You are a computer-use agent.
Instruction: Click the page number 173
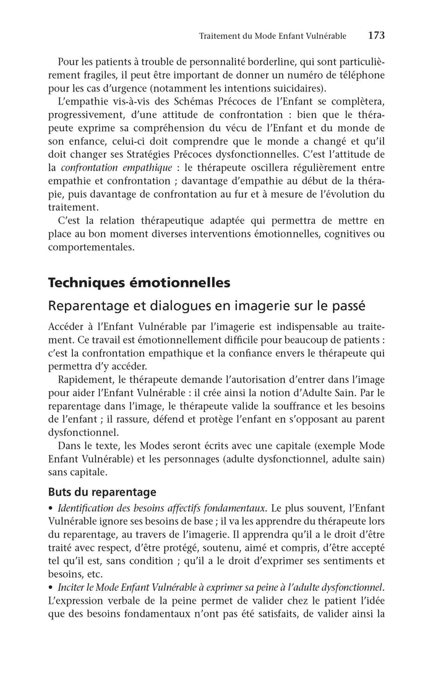[x=376, y=36]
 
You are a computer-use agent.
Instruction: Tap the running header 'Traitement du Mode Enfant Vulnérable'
[x=273, y=36]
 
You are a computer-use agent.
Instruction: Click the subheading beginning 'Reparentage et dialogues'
[x=207, y=305]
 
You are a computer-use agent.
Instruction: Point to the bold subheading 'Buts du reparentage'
[x=102, y=493]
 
